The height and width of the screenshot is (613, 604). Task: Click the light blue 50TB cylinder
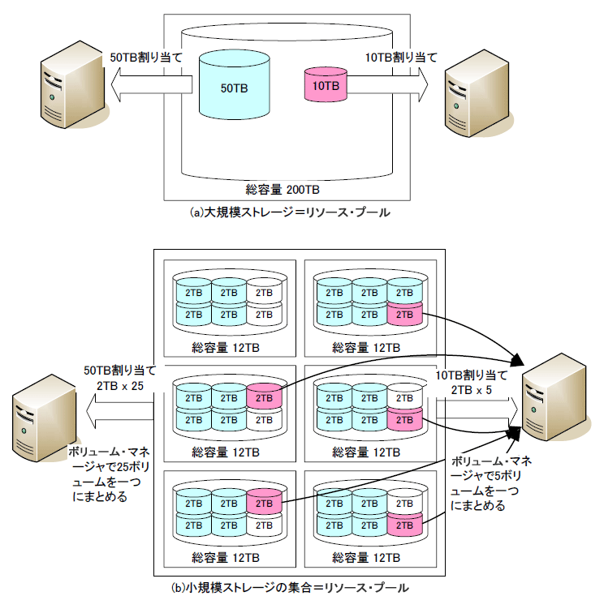(x=234, y=84)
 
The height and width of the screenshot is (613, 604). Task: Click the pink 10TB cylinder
(x=326, y=84)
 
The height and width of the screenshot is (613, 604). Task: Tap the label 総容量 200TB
(x=283, y=190)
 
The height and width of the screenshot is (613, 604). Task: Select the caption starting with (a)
(x=290, y=212)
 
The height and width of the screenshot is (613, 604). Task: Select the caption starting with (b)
(x=290, y=588)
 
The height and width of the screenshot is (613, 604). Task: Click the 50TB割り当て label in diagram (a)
(x=146, y=58)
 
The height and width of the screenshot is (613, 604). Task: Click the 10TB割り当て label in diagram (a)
(x=401, y=58)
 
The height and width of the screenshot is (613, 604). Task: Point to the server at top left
(x=74, y=84)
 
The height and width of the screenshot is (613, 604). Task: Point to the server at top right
(x=478, y=93)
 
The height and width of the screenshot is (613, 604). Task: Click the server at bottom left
(x=45, y=418)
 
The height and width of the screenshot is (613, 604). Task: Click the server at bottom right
(x=555, y=397)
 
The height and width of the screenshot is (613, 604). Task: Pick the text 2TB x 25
(x=120, y=386)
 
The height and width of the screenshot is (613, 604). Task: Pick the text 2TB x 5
(x=472, y=390)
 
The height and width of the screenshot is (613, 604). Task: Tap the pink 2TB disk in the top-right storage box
(x=405, y=314)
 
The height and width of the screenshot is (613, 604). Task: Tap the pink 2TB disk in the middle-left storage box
(x=264, y=397)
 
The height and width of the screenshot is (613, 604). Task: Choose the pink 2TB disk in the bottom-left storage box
(x=264, y=502)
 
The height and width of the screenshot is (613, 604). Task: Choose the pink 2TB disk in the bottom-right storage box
(x=405, y=525)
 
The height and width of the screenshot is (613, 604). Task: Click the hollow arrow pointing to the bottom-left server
(x=119, y=411)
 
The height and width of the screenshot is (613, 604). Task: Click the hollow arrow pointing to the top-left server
(x=152, y=84)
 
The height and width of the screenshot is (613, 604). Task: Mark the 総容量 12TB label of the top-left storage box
(x=226, y=348)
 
